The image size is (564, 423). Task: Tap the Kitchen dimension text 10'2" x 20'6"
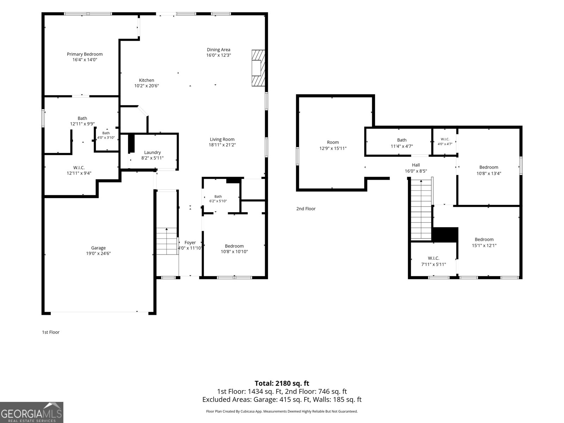146,86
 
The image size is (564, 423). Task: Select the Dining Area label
219,50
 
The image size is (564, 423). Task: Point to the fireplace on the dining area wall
258,68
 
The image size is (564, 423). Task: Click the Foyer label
190,243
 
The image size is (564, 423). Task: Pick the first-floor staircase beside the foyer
167,241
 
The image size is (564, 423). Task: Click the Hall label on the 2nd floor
416,165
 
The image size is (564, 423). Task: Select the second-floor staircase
421,209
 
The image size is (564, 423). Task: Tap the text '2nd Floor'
306,209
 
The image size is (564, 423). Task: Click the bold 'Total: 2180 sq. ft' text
282,383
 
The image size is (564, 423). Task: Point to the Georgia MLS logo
32,412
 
